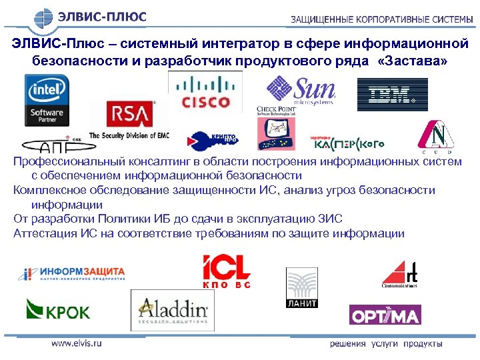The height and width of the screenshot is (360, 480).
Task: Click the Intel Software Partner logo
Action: (47, 100)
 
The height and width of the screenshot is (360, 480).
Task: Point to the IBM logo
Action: (392, 95)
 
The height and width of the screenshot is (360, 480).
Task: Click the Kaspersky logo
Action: (340, 141)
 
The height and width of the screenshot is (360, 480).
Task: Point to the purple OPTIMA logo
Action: (385, 315)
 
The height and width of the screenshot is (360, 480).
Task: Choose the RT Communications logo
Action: (400, 274)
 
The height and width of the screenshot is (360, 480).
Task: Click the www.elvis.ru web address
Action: (76, 343)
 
